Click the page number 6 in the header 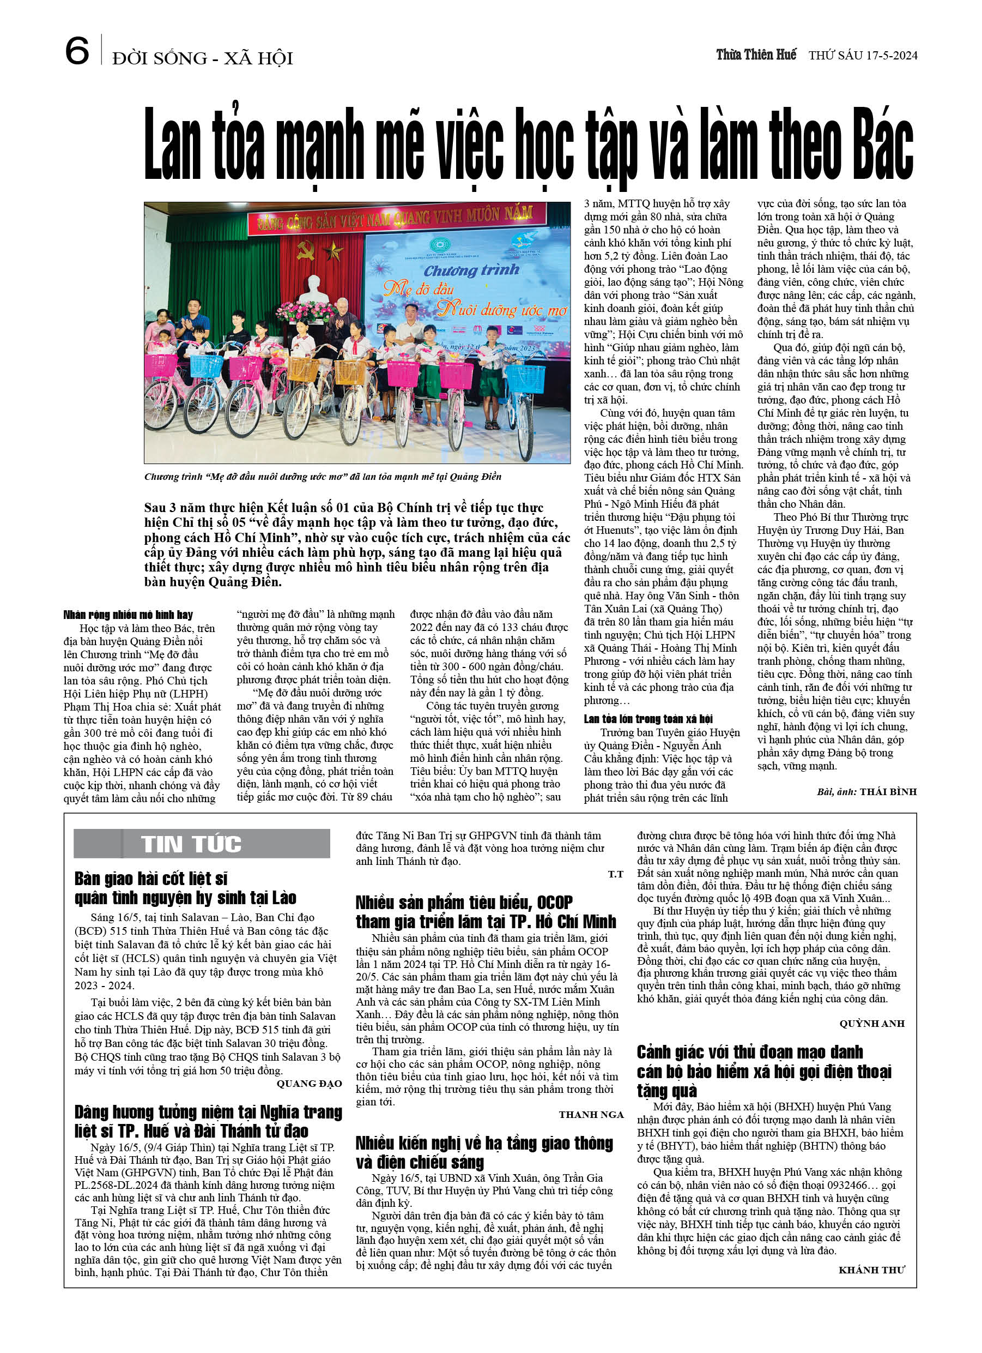tap(77, 51)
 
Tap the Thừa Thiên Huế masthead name tap(755, 55)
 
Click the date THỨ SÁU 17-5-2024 tap(862, 56)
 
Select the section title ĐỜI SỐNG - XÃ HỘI tap(202, 58)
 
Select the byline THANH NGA tap(590, 1114)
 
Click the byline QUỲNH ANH tap(871, 1024)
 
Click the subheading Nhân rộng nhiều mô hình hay tap(128, 615)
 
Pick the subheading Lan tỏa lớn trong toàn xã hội tap(648, 719)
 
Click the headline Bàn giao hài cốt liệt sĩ tap(151, 879)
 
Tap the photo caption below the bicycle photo tap(323, 477)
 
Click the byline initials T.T tap(615, 874)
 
